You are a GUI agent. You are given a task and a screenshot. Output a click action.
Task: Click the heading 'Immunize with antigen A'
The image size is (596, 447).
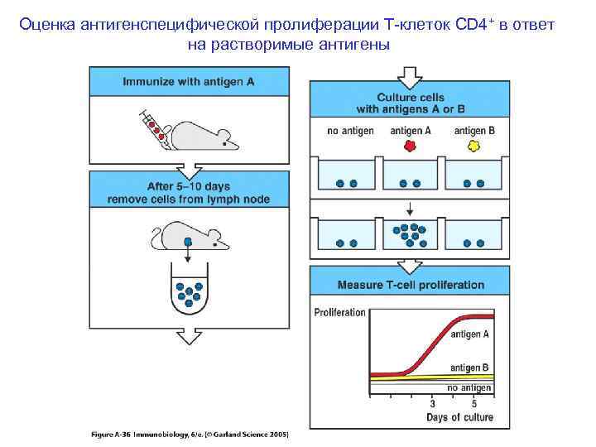point(190,82)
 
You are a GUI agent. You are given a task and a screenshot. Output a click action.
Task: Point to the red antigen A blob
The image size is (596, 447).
point(409,146)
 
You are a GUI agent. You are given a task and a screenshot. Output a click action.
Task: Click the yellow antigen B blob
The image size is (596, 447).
point(474,146)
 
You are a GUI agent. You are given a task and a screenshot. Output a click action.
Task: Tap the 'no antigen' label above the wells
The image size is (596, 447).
point(350,131)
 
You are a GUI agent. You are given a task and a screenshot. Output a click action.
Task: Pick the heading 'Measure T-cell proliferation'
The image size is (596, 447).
point(411,285)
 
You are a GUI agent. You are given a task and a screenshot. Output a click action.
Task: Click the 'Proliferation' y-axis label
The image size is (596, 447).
point(340,312)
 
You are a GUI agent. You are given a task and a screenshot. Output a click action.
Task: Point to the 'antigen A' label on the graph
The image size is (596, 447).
point(469,334)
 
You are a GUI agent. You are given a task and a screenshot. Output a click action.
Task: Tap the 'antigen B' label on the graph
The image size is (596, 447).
point(469,367)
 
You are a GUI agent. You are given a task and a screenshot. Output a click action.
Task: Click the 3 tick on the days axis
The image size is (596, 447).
point(432,405)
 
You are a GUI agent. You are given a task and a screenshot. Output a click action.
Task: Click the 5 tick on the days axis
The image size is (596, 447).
point(473,405)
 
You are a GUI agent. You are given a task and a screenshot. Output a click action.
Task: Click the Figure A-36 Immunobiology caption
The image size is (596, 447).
point(190,434)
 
